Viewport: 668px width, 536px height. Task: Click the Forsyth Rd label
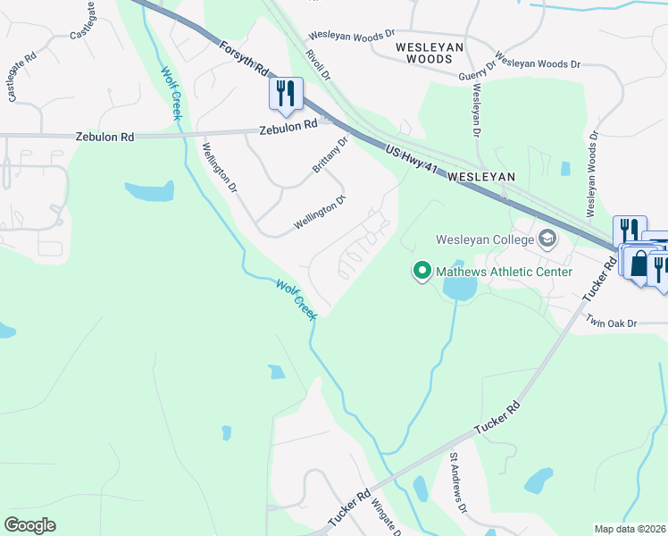pyautogui.click(x=243, y=56)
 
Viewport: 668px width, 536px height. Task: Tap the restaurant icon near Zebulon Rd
pyautogui.click(x=286, y=94)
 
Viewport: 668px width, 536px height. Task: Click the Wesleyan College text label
pyautogui.click(x=483, y=239)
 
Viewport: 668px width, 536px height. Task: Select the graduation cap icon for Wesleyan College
pyautogui.click(x=547, y=239)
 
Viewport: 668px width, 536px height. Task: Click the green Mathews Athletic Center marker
pyautogui.click(x=422, y=270)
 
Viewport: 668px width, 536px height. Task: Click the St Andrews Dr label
pyautogui.click(x=458, y=482)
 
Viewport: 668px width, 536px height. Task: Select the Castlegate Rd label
pyautogui.click(x=22, y=77)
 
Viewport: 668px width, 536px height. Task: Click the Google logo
pyautogui.click(x=30, y=524)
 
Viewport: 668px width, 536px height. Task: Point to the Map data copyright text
pyautogui.click(x=630, y=529)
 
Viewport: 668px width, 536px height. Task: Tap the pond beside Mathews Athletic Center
pyautogui.click(x=459, y=288)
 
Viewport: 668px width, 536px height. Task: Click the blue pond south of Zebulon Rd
pyautogui.click(x=150, y=190)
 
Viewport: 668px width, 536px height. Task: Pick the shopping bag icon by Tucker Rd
pyautogui.click(x=639, y=264)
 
